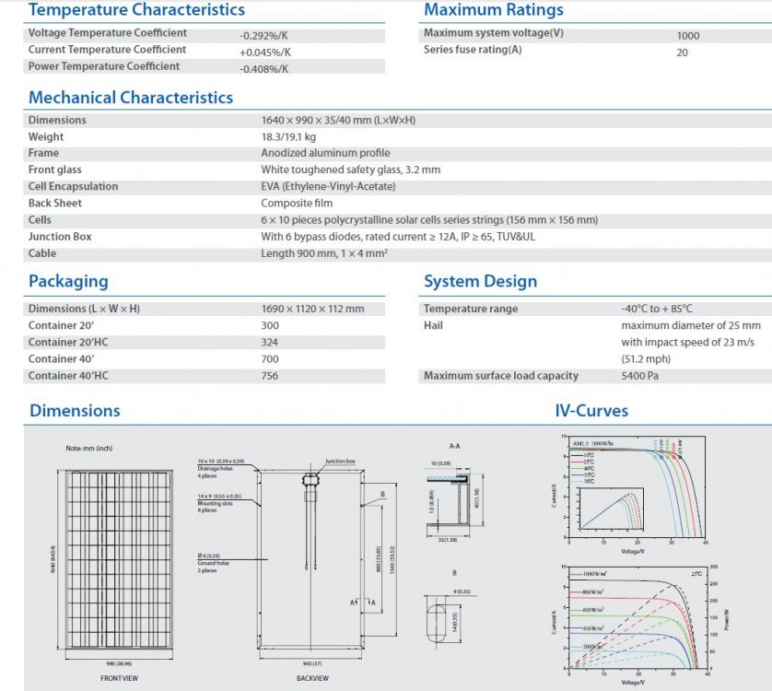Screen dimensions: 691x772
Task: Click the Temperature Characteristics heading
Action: pyautogui.click(x=136, y=10)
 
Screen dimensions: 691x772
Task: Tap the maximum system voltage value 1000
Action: pyautogui.click(x=687, y=36)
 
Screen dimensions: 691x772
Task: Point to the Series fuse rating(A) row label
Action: pyautogui.click(x=473, y=50)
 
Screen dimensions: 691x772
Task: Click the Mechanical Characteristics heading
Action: pyautogui.click(x=131, y=98)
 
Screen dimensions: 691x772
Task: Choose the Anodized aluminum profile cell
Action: pyautogui.click(x=325, y=153)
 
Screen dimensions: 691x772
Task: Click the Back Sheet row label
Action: pyautogui.click(x=55, y=203)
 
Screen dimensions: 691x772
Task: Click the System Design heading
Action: pyautogui.click(x=480, y=282)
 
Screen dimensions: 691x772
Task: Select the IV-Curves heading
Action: pyautogui.click(x=591, y=411)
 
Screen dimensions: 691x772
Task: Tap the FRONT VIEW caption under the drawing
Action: pyautogui.click(x=119, y=678)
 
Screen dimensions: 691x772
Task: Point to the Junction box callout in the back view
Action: pyautogui.click(x=339, y=461)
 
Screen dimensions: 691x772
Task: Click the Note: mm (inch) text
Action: pyautogui.click(x=88, y=447)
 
